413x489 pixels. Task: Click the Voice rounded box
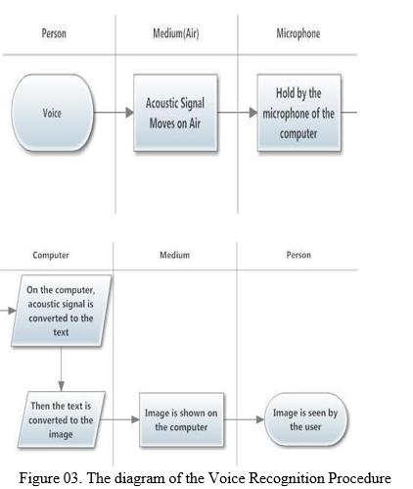click(52, 113)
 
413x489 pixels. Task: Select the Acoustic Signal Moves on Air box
click(175, 113)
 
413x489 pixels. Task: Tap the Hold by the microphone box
click(298, 113)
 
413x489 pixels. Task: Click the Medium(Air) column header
click(176, 33)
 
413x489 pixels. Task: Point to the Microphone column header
click(298, 33)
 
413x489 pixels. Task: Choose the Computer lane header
click(51, 255)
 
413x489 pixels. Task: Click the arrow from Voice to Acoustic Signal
click(114, 113)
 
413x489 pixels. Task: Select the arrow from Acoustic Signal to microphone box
click(237, 113)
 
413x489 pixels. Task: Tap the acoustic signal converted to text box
click(61, 311)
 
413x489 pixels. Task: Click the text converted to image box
click(61, 419)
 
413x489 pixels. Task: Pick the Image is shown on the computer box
click(181, 419)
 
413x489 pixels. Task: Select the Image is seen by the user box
click(305, 419)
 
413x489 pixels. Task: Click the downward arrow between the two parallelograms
click(61, 368)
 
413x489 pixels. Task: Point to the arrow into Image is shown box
click(120, 419)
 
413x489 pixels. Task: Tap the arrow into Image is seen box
click(244, 419)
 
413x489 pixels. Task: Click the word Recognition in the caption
click(287, 478)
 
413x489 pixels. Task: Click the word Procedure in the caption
click(359, 477)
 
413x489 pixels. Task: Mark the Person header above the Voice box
click(54, 33)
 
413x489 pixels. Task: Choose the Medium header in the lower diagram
click(174, 255)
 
